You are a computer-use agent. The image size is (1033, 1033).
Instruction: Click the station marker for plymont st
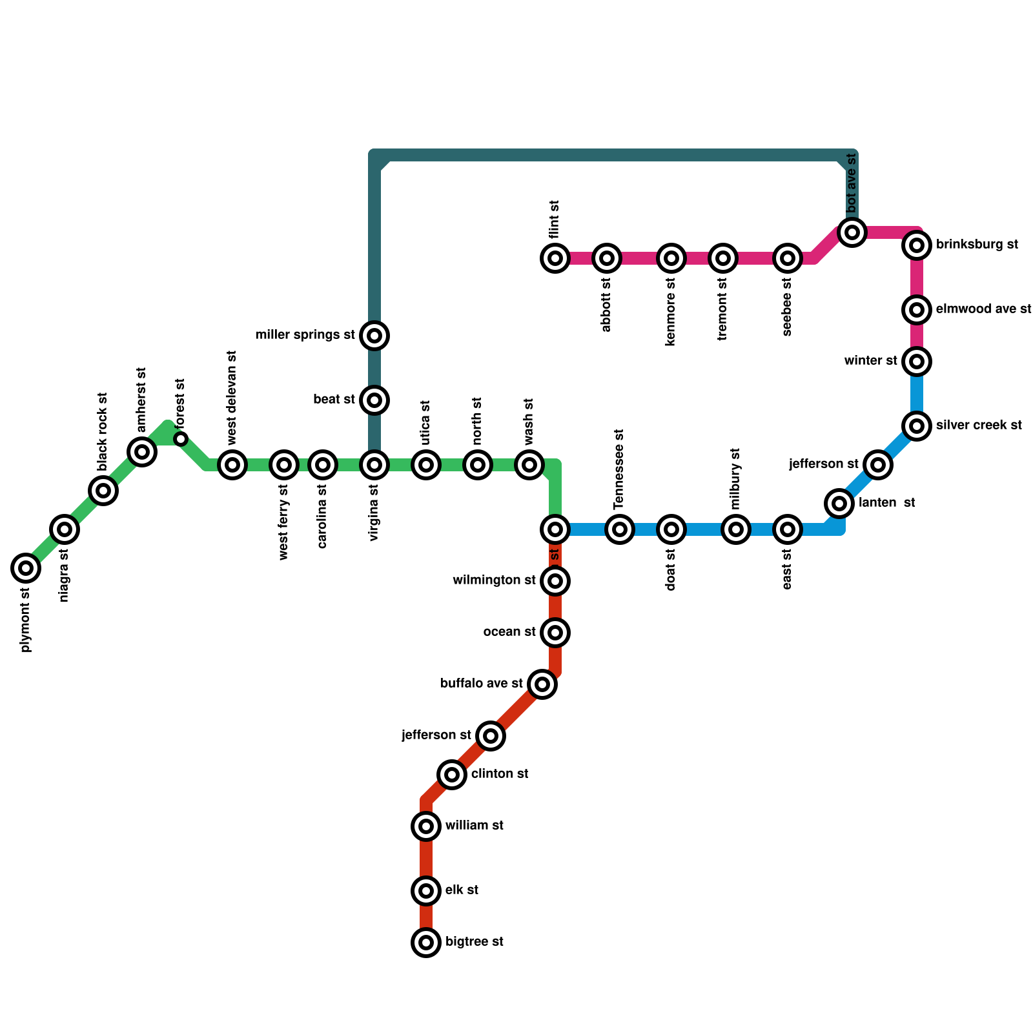[x=26, y=568]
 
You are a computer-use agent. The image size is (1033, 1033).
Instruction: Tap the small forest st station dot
[x=181, y=439]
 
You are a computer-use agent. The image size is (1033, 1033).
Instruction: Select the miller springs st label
[x=305, y=335]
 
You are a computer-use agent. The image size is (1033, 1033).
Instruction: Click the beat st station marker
[x=374, y=400]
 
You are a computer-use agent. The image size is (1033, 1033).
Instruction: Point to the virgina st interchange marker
[x=374, y=465]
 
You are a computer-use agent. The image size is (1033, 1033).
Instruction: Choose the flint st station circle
[x=555, y=258]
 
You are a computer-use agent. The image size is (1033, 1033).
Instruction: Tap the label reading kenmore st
[x=670, y=312]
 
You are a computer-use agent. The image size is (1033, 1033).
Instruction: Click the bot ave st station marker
[x=852, y=232]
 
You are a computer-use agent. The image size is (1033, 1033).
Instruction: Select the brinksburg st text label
[x=977, y=245]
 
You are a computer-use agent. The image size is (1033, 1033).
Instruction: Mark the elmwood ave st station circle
[x=917, y=310]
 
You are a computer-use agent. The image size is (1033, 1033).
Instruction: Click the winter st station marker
[x=917, y=362]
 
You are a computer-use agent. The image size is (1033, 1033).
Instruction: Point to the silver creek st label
[x=979, y=425]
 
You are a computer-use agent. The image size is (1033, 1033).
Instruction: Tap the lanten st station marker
[x=839, y=504]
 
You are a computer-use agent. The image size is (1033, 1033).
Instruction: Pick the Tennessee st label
[x=619, y=469]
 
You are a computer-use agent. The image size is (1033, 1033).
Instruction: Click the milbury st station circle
[x=736, y=529]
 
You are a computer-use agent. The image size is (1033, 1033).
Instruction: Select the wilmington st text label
[x=494, y=580]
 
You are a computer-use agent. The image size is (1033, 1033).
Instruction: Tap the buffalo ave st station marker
[x=542, y=684]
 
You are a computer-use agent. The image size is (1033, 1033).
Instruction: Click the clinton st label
[x=500, y=774]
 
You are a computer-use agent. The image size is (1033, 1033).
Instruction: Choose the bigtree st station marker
[x=426, y=943]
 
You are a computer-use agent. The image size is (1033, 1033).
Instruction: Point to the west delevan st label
[x=232, y=398]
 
